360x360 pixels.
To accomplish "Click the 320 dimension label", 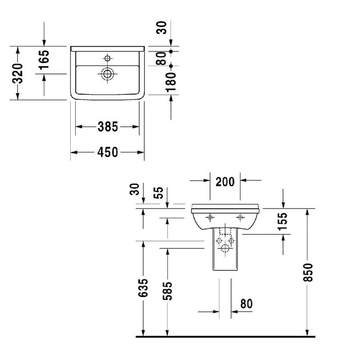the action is [x=18, y=73].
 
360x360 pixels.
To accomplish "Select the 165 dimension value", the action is [x=44, y=60].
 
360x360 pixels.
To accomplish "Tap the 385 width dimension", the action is [x=108, y=126].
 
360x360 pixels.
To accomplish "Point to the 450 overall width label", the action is [x=108, y=152].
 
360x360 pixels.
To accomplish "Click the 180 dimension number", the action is [x=171, y=82].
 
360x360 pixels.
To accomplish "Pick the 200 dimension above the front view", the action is [x=225, y=182].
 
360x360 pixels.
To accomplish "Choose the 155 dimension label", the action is [x=282, y=221].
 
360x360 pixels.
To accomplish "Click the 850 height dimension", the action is [x=308, y=273].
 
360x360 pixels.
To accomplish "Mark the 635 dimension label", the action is [x=143, y=288].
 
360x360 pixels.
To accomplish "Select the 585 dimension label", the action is [x=167, y=291].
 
